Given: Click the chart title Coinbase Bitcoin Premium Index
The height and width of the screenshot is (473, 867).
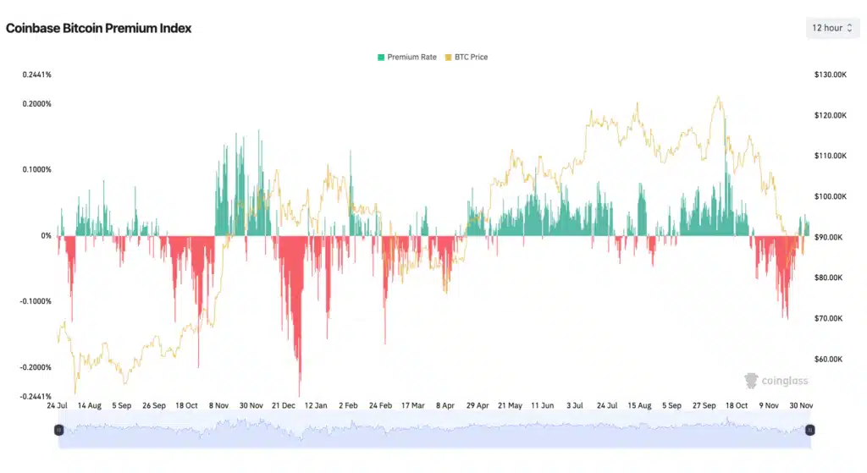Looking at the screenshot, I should [99, 28].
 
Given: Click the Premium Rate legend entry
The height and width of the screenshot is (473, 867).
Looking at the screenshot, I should [407, 58].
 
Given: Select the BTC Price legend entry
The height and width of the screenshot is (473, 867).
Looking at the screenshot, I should [467, 58].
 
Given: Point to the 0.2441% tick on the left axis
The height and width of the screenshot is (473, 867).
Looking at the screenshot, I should [37, 74].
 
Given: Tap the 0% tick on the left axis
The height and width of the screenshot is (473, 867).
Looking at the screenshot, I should [46, 236].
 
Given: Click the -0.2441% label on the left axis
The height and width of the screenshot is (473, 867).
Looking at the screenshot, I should [36, 396].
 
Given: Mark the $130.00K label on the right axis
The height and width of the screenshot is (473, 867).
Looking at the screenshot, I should [831, 74].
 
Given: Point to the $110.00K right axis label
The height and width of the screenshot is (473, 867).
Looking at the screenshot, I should [831, 156].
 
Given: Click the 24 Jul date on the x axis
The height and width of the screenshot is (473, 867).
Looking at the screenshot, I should [57, 406].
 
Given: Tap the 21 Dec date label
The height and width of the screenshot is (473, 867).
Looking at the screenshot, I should [284, 406].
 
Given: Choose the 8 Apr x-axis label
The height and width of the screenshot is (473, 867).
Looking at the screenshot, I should [445, 406].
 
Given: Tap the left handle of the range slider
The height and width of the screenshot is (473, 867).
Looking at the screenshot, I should [58, 430].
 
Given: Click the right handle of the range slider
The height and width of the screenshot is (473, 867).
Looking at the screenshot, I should [809, 430].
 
